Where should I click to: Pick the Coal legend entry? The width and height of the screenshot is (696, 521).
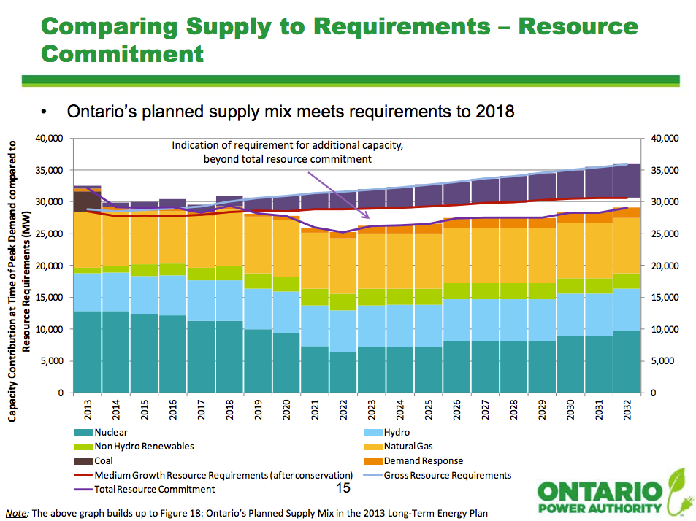(x=103, y=460)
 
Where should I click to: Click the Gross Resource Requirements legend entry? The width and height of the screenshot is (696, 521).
(x=447, y=475)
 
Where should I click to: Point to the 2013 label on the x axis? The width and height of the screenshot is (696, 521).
(x=88, y=409)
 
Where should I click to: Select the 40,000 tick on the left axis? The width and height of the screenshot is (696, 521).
(x=50, y=138)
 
